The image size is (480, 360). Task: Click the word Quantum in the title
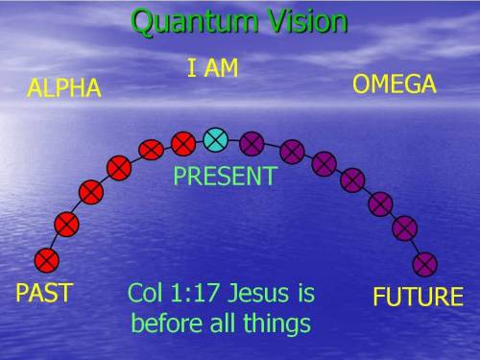click(182, 22)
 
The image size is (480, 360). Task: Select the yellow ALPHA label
click(64, 89)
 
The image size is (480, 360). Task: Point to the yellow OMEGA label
click(395, 84)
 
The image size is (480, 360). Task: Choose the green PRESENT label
click(225, 177)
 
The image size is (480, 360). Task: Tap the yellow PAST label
click(44, 293)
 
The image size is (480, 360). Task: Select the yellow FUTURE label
click(418, 297)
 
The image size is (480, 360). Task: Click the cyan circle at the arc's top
click(216, 140)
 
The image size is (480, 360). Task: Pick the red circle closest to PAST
click(45, 259)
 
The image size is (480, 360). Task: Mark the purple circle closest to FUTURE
click(424, 263)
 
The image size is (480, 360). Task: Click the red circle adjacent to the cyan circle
click(182, 143)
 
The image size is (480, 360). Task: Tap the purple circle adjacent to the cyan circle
click(252, 143)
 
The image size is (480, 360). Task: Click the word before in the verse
click(163, 322)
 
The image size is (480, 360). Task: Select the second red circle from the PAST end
click(66, 225)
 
